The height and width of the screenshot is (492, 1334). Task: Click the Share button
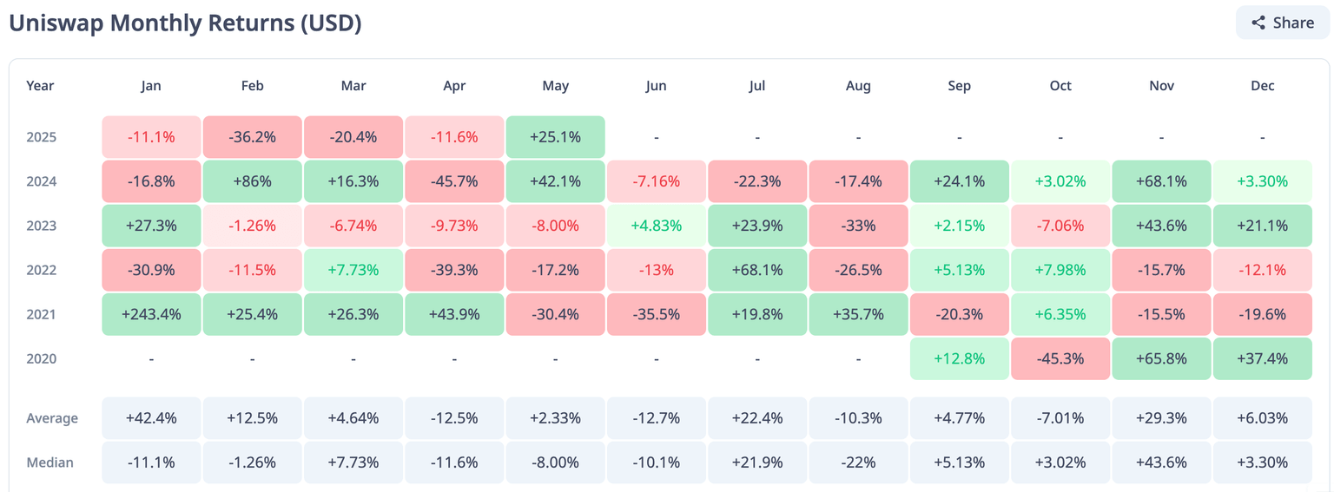pyautogui.click(x=1282, y=23)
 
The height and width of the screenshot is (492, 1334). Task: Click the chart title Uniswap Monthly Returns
pyautogui.click(x=185, y=23)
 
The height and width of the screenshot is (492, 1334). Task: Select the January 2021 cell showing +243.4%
pyautogui.click(x=151, y=314)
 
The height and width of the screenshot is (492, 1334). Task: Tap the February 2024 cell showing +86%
pyautogui.click(x=252, y=181)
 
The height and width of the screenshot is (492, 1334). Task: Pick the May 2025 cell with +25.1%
pyautogui.click(x=555, y=137)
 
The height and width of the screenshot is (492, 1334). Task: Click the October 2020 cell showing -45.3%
pyautogui.click(x=1060, y=358)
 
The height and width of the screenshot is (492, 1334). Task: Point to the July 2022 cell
pyautogui.click(x=757, y=270)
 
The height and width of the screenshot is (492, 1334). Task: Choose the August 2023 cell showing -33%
pyautogui.click(x=858, y=226)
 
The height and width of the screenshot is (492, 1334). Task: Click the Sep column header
pyautogui.click(x=959, y=86)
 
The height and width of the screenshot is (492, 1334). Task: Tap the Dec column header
pyautogui.click(x=1262, y=86)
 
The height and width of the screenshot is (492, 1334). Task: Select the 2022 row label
pyautogui.click(x=41, y=270)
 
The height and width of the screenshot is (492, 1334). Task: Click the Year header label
pyautogui.click(x=40, y=86)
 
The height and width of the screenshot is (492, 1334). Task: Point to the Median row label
pyautogui.click(x=50, y=462)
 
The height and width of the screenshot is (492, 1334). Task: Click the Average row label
pyautogui.click(x=52, y=418)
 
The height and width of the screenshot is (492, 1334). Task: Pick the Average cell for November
pyautogui.click(x=1161, y=418)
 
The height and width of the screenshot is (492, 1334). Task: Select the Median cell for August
pyautogui.click(x=858, y=462)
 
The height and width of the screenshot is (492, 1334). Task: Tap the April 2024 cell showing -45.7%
pyautogui.click(x=454, y=181)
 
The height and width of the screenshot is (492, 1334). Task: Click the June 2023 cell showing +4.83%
pyautogui.click(x=656, y=226)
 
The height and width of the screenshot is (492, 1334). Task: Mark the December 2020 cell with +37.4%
pyautogui.click(x=1262, y=358)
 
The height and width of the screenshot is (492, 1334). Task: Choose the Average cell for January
pyautogui.click(x=151, y=418)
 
